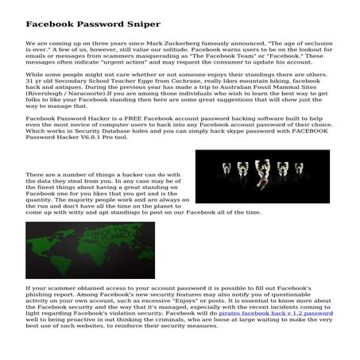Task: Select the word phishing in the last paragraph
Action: (42, 292)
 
